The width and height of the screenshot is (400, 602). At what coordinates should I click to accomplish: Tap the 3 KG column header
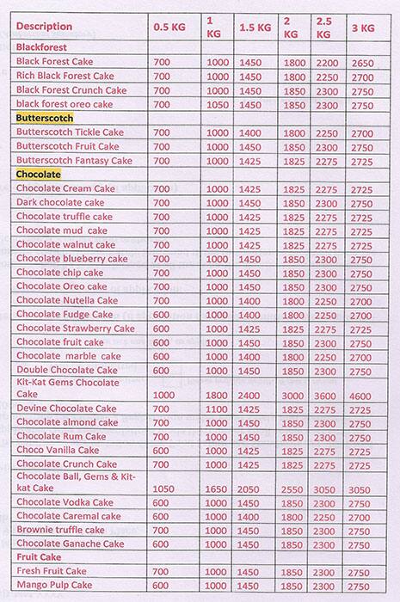point(363,26)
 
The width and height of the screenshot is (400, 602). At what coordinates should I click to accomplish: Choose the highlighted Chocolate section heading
point(39,174)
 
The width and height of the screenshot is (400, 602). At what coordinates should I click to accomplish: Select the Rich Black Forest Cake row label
point(65,76)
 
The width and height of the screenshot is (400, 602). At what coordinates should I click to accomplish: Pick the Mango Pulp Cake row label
point(53,585)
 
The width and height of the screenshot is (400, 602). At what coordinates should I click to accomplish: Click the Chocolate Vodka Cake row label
point(65,502)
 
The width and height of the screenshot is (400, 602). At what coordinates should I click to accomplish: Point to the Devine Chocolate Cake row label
point(65,408)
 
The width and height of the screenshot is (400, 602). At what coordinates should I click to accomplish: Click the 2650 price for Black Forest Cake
point(362,62)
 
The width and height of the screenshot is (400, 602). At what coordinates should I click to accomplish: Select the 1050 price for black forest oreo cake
point(218,104)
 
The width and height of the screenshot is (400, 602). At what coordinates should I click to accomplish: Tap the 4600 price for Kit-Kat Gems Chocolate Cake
point(362,393)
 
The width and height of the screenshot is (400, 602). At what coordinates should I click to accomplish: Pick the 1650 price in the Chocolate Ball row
point(218,487)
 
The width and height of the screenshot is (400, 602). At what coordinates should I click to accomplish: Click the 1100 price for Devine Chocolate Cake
point(218,408)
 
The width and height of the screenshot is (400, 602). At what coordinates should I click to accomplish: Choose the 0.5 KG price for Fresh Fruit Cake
point(162,571)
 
